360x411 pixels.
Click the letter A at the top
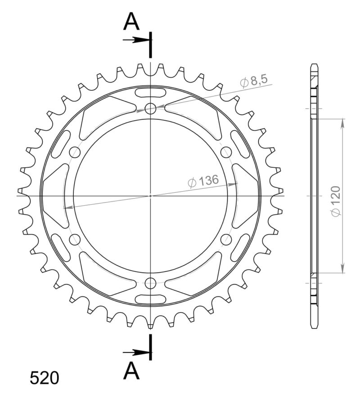click(x=131, y=22)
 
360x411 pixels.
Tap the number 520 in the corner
click(x=44, y=378)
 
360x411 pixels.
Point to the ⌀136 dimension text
click(x=202, y=181)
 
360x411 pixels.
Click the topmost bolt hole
click(x=151, y=108)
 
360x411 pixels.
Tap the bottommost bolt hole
click(x=151, y=283)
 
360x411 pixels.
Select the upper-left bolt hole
click(x=75, y=152)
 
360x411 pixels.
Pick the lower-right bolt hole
click(x=226, y=239)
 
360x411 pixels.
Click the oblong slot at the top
click(x=151, y=92)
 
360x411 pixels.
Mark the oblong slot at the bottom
click(x=151, y=299)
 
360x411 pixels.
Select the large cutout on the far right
click(x=247, y=196)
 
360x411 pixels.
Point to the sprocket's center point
click(x=151, y=196)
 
